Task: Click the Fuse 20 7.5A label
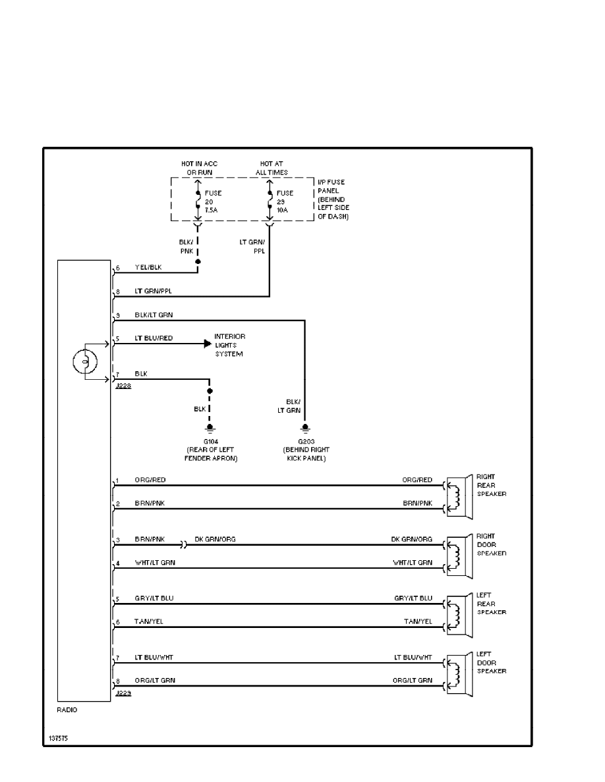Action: coord(213,201)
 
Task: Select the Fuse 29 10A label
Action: coord(285,201)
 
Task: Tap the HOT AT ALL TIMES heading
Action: coord(274,168)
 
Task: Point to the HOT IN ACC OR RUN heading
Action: coord(200,168)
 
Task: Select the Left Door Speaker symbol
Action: coord(458,673)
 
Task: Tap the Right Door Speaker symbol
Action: coord(458,555)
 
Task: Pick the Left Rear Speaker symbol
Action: coord(458,614)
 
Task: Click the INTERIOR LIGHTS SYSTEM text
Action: coord(231,346)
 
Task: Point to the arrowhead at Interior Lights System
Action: coord(208,344)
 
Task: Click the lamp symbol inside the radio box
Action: coord(84,361)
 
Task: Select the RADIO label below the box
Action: coord(67,710)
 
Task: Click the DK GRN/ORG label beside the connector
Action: coord(215,539)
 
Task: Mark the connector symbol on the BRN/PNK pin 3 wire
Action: coord(184,545)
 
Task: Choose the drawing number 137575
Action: coord(57,739)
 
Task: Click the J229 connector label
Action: coord(123,694)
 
